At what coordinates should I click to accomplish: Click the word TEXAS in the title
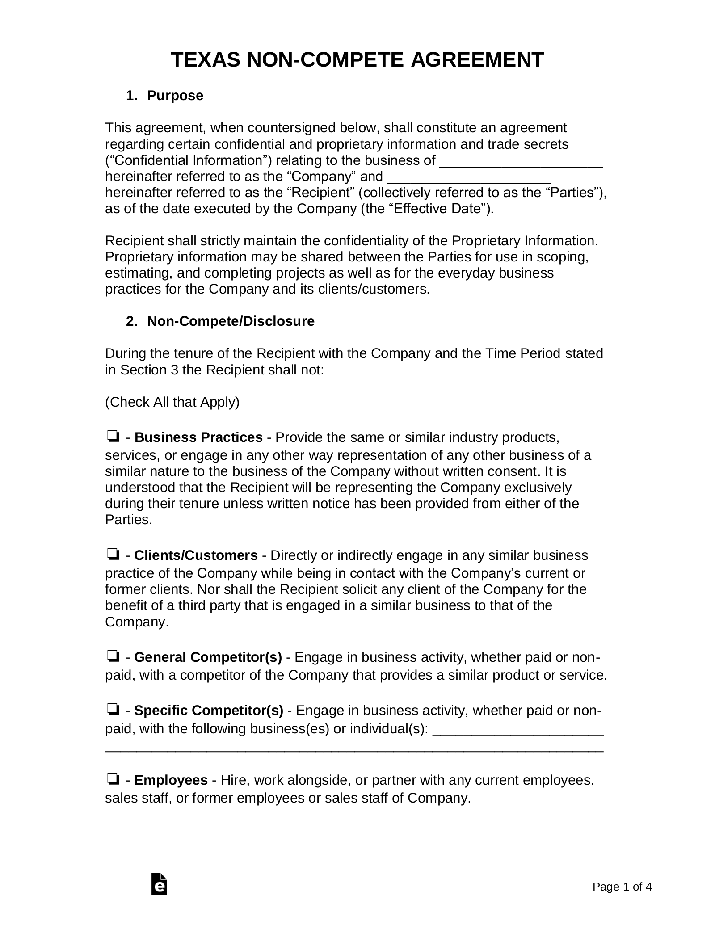pos(206,60)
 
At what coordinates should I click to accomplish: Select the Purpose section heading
pos(175,96)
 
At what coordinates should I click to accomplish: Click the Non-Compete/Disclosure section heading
pos(231,321)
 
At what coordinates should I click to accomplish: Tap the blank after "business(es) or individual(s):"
pos(518,730)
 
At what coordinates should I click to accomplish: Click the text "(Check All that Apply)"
pos(172,402)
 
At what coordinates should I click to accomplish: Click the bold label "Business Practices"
pos(198,437)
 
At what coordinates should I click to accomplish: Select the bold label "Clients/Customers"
pos(196,555)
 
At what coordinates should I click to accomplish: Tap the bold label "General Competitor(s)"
pos(208,657)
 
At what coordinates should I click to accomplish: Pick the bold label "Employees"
pos(171,780)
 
